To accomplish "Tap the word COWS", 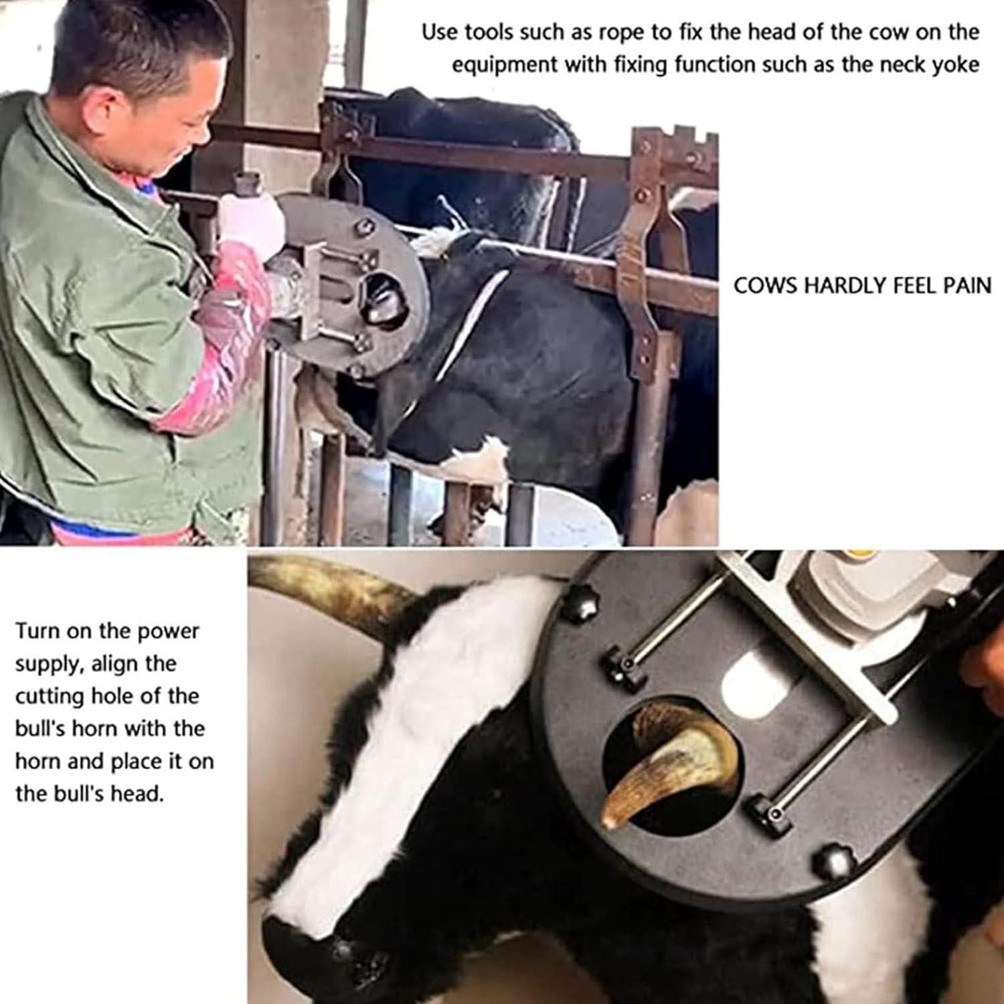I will pos(765,286).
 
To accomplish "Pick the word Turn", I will pos(38,631).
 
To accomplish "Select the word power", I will pos(168,631).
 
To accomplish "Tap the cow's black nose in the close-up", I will pos(315,950).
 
